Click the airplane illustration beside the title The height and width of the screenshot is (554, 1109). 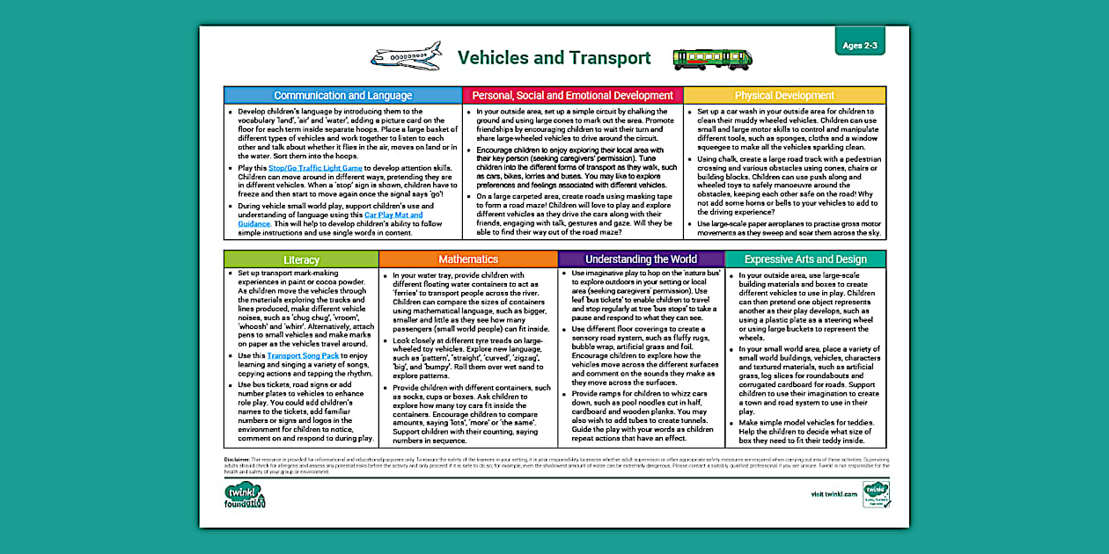[x=406, y=57]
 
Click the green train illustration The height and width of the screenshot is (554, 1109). [x=713, y=59]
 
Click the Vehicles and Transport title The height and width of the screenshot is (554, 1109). [x=554, y=58]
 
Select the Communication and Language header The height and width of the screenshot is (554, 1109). [x=342, y=95]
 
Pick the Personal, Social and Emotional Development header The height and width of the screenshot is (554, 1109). [x=572, y=95]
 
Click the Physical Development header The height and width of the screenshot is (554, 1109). [x=784, y=95]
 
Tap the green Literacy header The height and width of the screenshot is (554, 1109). [x=301, y=259]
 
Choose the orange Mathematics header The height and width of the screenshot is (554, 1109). [x=468, y=259]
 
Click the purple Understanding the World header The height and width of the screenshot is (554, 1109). [x=641, y=259]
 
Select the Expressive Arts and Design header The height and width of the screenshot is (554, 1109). [x=804, y=259]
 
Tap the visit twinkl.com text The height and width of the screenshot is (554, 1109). [x=834, y=495]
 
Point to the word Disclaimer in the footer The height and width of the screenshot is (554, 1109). [x=237, y=459]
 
